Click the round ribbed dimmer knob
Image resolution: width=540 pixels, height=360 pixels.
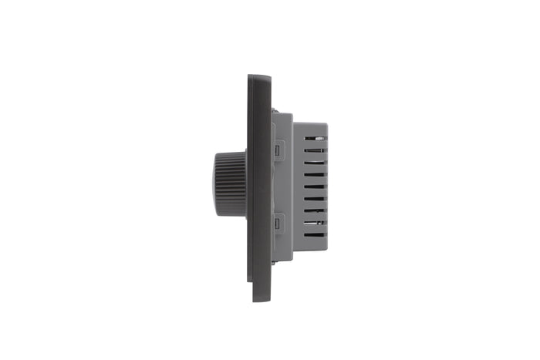230,183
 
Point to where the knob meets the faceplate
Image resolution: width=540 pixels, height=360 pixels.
245,183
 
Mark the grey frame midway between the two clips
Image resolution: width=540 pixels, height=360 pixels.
282,186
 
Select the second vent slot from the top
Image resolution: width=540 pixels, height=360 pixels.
315,151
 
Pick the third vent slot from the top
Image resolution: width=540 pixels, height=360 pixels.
315,163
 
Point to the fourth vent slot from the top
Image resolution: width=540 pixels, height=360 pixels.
315,174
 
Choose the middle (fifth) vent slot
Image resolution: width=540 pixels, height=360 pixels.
315,186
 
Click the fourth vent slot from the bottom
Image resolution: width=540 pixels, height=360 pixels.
315,198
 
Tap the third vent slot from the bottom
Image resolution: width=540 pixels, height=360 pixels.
315,210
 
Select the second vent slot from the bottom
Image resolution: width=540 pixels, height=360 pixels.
315,222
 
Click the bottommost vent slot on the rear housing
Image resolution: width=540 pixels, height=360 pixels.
315,234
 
